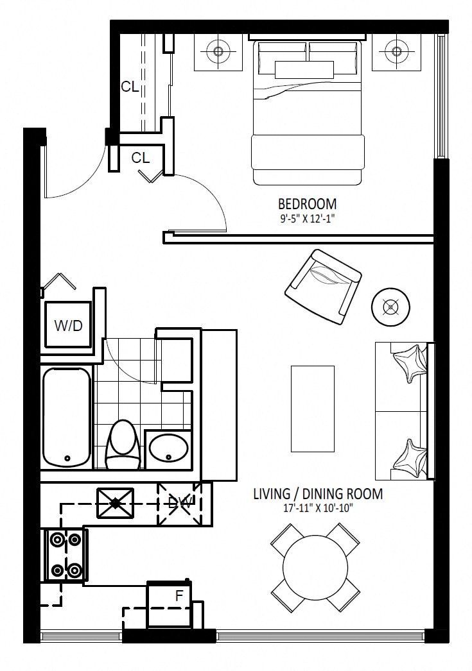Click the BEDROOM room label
click(x=307, y=204)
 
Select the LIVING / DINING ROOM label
click(x=318, y=494)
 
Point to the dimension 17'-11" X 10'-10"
click(x=318, y=509)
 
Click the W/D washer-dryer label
click(x=69, y=326)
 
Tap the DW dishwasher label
click(x=179, y=502)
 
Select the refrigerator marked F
click(x=170, y=604)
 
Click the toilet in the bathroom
click(x=123, y=445)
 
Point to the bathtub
click(x=67, y=416)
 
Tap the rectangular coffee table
click(x=313, y=409)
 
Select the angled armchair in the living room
click(x=323, y=287)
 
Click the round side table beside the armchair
click(x=390, y=307)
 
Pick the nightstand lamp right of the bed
click(x=396, y=51)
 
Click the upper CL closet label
click(x=130, y=87)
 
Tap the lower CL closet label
click(x=141, y=158)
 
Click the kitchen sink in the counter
click(x=116, y=503)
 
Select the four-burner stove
click(x=66, y=555)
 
